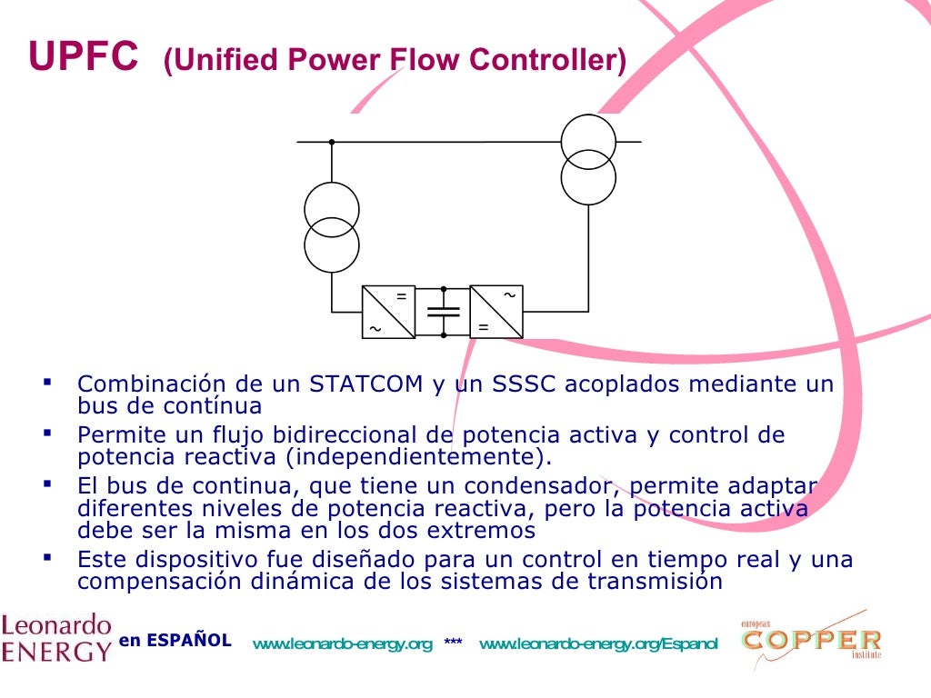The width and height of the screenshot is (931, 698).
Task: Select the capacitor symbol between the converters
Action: (444, 312)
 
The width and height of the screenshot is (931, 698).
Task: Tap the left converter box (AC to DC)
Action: (388, 312)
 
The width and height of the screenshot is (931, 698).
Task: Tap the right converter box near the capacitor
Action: (496, 312)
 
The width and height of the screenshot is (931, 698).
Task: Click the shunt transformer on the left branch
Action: (331, 226)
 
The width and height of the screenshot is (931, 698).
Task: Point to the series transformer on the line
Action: (588, 159)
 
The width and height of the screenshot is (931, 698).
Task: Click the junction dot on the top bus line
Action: (332, 142)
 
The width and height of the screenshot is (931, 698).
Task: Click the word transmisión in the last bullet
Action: (662, 582)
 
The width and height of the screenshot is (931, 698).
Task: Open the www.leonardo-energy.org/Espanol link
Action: (598, 644)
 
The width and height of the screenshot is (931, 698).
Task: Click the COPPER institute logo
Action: (810, 641)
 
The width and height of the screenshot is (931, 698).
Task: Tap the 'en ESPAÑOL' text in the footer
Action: (175, 640)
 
